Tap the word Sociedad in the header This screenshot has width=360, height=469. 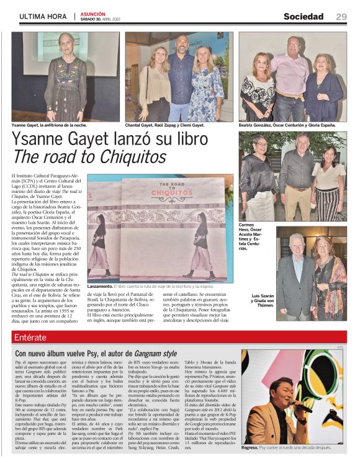[304, 17]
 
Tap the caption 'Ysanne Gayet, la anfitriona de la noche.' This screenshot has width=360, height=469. [50, 125]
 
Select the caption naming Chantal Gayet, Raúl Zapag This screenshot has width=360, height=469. [165, 125]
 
